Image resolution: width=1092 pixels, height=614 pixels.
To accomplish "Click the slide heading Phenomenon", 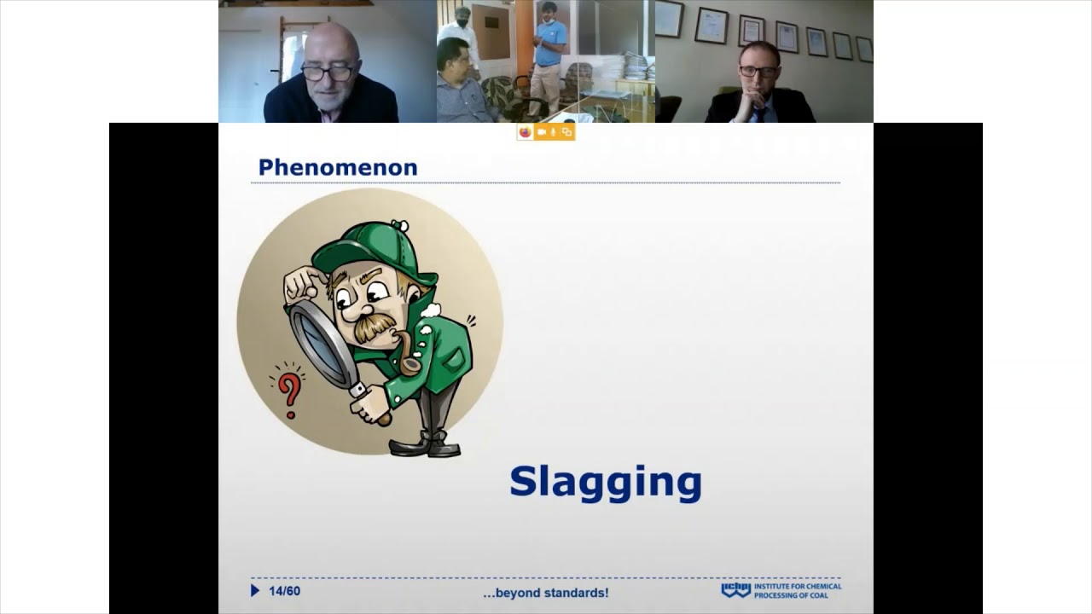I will pos(338,167).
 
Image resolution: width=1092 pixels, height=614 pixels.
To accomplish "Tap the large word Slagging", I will pos(605,483).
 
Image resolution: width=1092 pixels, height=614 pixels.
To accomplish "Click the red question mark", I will pos(290,391).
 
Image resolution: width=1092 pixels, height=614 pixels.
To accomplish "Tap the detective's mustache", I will pos(375,327).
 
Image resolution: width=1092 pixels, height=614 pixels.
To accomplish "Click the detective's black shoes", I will pos(427,444).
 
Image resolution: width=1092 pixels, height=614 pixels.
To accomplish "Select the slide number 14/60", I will pos(284,591).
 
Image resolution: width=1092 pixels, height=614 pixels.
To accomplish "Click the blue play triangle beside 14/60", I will pos(255,590).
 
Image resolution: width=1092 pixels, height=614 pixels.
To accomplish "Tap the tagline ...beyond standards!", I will pos(545,593).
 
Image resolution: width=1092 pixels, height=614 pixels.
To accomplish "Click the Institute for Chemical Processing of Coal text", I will pos(798,590).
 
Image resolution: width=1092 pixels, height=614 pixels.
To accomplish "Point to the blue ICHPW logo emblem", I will pos(735,590).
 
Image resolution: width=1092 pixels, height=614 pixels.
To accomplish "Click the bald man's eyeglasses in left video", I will pos(328,72).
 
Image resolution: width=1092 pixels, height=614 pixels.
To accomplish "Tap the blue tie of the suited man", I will pos(758,113).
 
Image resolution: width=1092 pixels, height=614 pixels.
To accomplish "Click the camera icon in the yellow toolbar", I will pos(542,132).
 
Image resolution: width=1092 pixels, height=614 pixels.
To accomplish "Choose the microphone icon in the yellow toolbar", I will pos(554,132).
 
